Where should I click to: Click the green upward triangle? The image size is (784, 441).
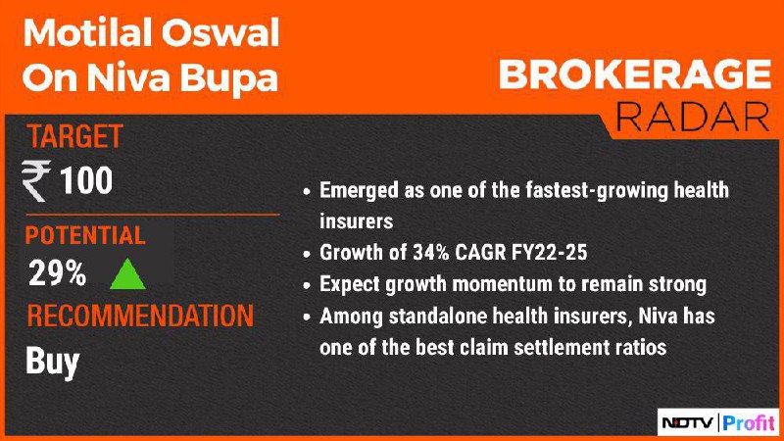(127, 274)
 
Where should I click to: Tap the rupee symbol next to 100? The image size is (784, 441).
(36, 181)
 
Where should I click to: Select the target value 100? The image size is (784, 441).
(86, 180)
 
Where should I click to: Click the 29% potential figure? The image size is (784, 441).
(57, 273)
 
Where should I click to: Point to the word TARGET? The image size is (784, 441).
(75, 136)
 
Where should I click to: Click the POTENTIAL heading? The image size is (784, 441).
(85, 235)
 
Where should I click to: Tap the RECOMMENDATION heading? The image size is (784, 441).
(140, 316)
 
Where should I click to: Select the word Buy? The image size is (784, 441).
(53, 362)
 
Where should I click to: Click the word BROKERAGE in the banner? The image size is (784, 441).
(635, 75)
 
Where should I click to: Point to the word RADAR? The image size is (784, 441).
(693, 117)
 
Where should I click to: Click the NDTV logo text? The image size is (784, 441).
(688, 423)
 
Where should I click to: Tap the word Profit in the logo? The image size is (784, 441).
(749, 423)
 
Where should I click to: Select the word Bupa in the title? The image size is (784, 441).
(228, 78)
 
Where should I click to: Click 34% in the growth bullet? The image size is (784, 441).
(431, 253)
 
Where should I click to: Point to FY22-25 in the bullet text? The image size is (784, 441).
(549, 253)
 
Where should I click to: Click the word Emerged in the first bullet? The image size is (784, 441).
(359, 191)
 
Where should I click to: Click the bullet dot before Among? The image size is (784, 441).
(307, 317)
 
